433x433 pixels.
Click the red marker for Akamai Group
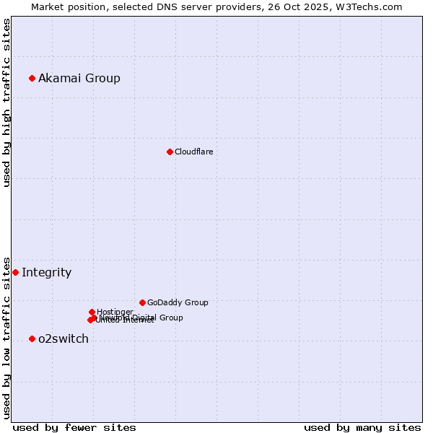pos(32,78)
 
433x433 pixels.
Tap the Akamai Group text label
pos(79,78)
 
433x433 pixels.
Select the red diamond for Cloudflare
pos(170,152)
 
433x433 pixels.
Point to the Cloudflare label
pos(193,152)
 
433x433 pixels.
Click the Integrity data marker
pos(15,272)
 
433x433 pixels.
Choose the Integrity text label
pos(46,272)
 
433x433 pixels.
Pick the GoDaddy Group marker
pos(142,302)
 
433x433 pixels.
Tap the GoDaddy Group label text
pos(178,302)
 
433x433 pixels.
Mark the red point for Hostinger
pos(92,312)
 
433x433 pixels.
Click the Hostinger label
pos(115,312)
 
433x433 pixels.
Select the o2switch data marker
pos(32,338)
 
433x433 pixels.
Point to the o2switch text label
pos(64,338)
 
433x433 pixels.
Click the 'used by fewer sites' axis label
pos(74,427)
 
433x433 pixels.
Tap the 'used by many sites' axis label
pos(362,427)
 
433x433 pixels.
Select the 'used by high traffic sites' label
pos(6,102)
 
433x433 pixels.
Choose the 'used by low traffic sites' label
pos(6,337)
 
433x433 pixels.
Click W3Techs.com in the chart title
pos(371,6)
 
